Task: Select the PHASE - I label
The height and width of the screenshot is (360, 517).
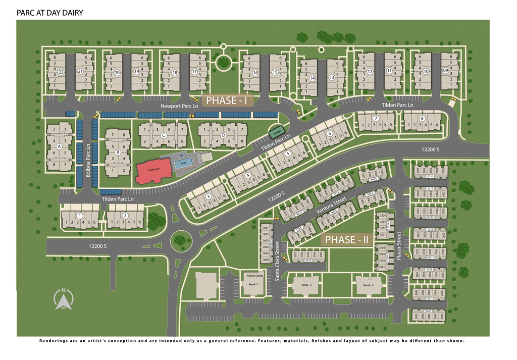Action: pos(227,100)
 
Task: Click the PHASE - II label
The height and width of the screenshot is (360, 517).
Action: pos(346,239)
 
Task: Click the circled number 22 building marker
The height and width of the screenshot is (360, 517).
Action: pos(61,72)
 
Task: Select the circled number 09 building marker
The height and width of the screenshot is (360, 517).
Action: pos(445,70)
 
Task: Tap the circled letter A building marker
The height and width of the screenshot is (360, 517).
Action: pos(59,146)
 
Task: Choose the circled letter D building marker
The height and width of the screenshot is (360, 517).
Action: pos(223,135)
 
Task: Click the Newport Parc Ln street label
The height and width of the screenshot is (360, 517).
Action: pos(178,107)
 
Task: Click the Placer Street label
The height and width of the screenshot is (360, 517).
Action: pos(398,246)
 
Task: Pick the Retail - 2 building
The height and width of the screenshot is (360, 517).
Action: pos(306,285)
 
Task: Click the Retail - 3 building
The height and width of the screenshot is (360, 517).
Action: pos(368,285)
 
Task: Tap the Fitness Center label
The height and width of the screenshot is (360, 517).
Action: pos(255,276)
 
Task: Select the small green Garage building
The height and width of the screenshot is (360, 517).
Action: pos(276,131)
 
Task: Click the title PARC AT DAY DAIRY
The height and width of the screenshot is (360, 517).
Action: pos(50,12)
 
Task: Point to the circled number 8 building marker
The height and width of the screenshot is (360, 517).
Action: pos(423,119)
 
